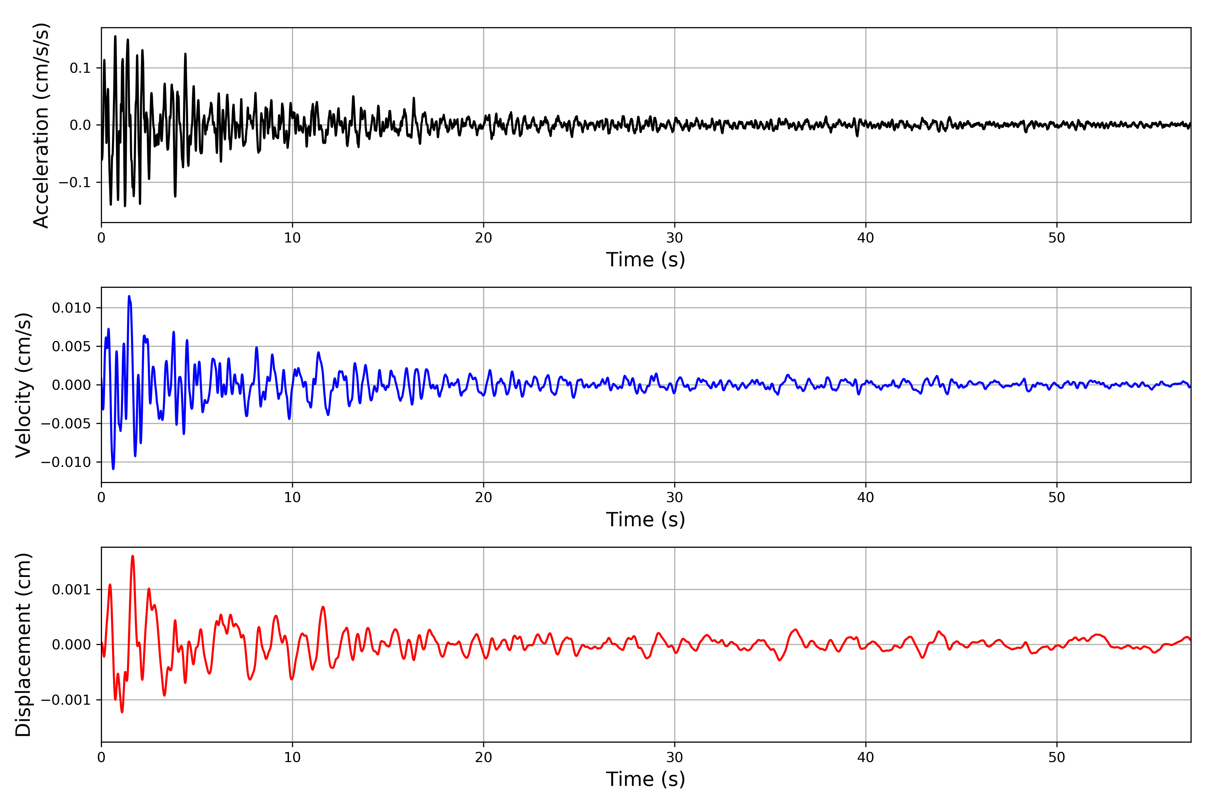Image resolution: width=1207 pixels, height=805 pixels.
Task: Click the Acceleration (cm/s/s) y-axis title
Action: (41, 125)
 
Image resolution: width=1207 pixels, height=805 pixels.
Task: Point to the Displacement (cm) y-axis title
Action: (23, 645)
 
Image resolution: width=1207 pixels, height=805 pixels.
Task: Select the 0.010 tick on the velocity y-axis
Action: (71, 308)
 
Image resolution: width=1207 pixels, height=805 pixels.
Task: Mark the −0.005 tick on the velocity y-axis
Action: (66, 424)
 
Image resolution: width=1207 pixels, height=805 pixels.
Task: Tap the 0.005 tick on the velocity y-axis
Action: (71, 346)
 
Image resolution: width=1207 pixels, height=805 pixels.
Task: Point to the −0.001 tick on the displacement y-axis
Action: (66, 700)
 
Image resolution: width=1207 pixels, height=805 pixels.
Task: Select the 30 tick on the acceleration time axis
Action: (674, 238)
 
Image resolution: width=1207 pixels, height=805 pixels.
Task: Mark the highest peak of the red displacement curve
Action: (132, 556)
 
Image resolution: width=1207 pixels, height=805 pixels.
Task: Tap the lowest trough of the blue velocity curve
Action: (113, 469)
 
